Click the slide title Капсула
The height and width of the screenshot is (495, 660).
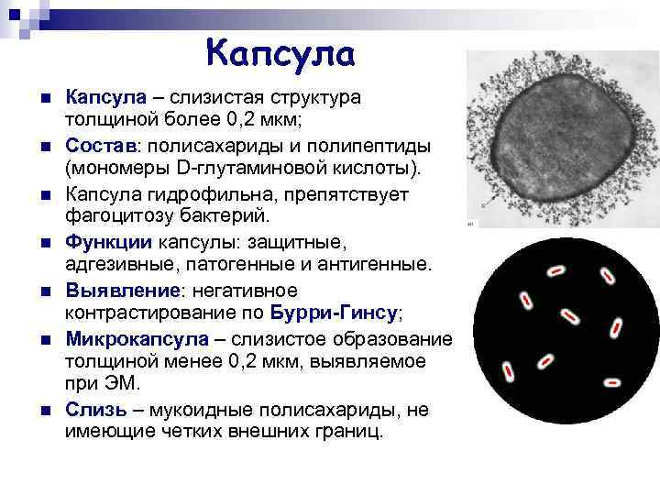pos(280,52)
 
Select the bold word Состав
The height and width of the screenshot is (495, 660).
pos(100,147)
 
